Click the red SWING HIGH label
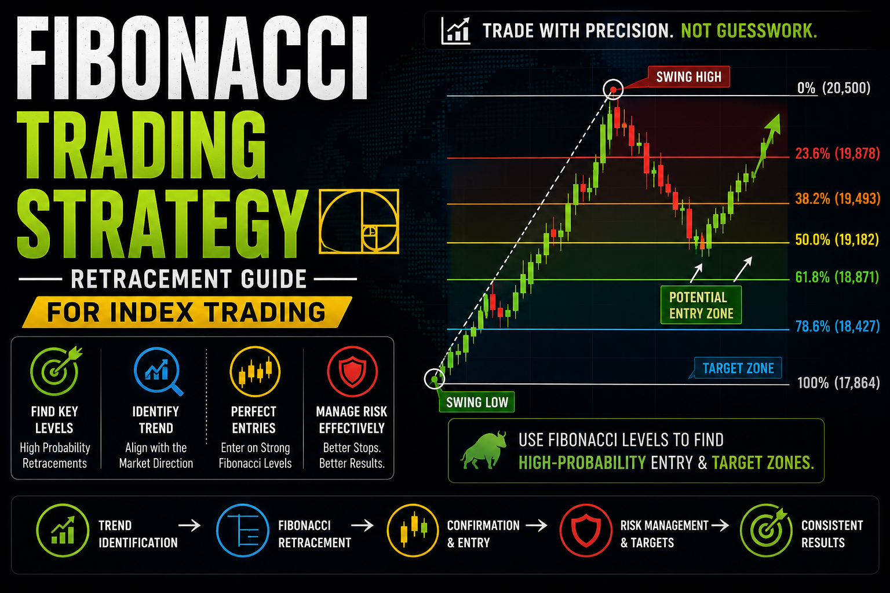[688, 76]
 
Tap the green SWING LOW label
[477, 402]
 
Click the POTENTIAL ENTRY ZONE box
[701, 305]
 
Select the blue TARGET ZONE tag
[738, 368]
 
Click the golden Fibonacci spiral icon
[359, 221]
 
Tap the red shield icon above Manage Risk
[352, 371]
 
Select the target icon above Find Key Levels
[56, 370]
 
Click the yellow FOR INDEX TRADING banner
[187, 312]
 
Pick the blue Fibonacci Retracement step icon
[242, 530]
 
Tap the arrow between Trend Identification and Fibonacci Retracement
[189, 525]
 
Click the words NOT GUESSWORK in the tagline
[749, 31]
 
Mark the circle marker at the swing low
[434, 379]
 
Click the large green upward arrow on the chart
[767, 145]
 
